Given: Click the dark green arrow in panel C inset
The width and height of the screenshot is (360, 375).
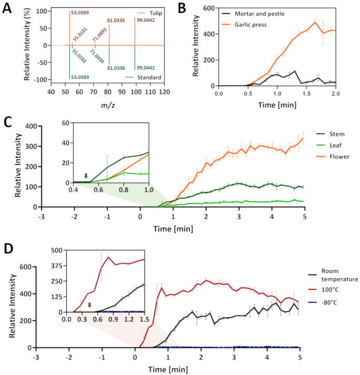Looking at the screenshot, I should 86,176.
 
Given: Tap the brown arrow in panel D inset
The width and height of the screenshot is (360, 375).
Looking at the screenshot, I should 90,305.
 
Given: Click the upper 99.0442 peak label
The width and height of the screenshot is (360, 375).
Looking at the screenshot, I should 146,20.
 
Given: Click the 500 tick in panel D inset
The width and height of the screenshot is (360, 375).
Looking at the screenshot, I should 56,251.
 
